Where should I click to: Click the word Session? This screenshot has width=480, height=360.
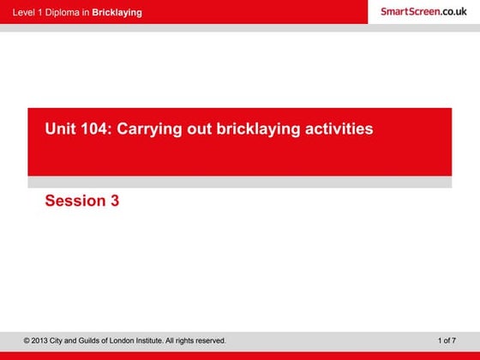(x=74, y=201)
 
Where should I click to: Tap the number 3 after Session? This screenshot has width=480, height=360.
(x=114, y=201)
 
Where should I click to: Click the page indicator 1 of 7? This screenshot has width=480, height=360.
(x=447, y=341)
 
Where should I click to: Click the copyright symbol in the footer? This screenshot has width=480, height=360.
(x=27, y=341)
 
